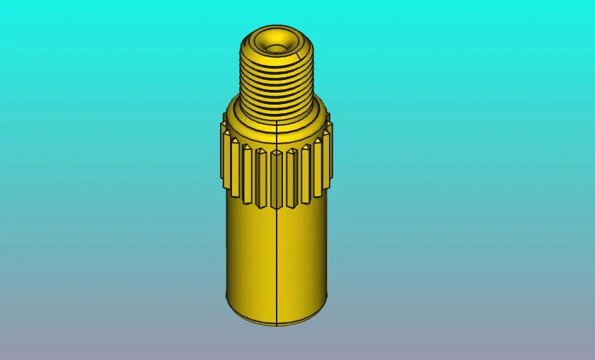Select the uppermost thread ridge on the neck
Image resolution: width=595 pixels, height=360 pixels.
click(x=275, y=58)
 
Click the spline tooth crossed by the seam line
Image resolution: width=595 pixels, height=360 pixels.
click(x=275, y=177)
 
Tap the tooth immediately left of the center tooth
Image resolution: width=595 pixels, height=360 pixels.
click(x=260, y=175)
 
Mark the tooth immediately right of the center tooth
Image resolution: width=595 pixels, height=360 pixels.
click(x=291, y=175)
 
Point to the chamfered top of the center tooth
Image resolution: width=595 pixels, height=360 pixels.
click(x=275, y=150)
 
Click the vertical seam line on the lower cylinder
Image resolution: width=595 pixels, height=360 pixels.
click(x=274, y=262)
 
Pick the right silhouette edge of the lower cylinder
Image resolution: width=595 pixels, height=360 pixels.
click(x=328, y=262)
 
